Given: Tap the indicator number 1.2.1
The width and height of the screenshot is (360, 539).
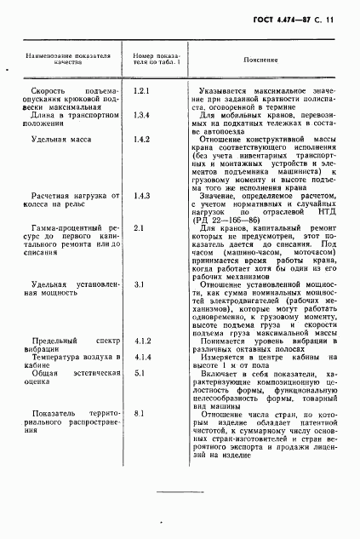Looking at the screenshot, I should coord(142,89).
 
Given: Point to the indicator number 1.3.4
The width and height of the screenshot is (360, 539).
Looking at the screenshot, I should coord(142,114).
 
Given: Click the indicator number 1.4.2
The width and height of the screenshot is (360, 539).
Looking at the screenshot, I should coord(142,138).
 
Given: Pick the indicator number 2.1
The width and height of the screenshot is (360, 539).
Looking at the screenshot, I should coord(139,228).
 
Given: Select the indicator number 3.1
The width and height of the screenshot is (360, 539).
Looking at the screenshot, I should coord(139,284).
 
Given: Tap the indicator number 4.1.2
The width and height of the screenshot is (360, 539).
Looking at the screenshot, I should coord(142,341).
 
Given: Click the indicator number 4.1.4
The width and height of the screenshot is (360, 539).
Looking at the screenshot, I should coord(142,358).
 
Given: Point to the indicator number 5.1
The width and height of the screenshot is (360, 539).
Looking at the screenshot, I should coord(139,373).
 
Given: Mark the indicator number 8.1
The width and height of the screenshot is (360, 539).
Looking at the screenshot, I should coord(139,413).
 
